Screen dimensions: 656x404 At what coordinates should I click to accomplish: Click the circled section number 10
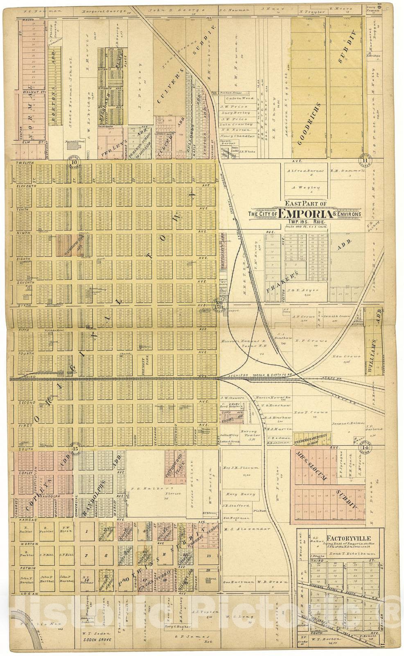[x=74, y=162]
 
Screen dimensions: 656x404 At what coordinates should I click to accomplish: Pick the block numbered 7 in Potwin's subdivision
[x=87, y=556]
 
